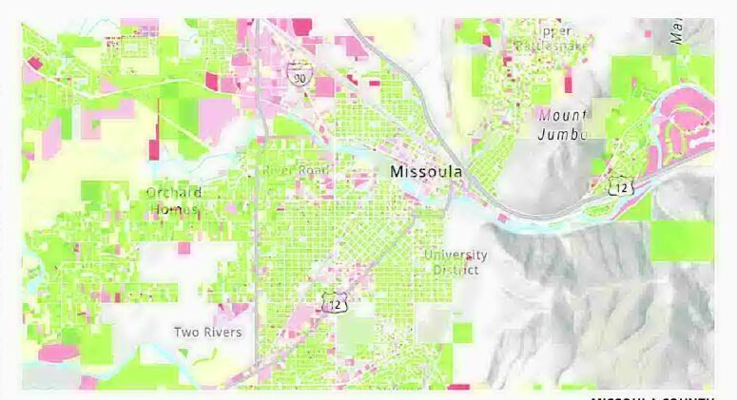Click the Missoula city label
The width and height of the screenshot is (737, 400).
tap(426, 172)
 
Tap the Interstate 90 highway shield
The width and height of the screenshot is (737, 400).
tap(299, 76)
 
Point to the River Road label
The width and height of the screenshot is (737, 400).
tap(296, 170)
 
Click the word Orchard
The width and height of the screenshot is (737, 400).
tap(173, 193)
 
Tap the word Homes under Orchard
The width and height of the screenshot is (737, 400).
tap(173, 209)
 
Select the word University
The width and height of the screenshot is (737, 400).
tap(456, 255)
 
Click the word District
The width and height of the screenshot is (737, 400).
tap(456, 270)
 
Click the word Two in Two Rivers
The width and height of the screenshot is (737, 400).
tap(184, 333)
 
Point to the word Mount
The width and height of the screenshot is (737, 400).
tap(562, 116)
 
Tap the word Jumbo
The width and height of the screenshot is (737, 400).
tap(562, 134)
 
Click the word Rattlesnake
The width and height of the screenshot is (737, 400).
tap(552, 45)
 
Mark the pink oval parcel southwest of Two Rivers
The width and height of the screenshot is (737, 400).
tap(59, 353)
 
